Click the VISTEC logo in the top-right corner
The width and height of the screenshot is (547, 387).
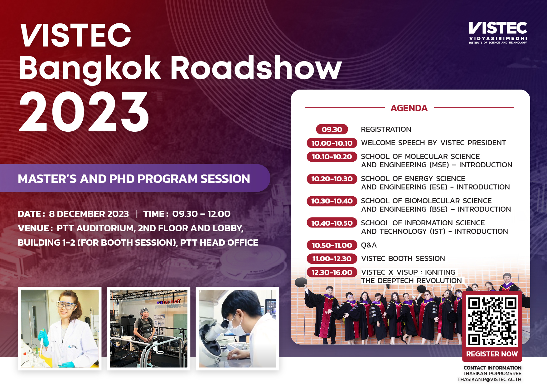[x=498, y=32]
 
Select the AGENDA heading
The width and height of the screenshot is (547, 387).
[x=409, y=108]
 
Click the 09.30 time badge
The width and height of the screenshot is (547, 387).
[x=332, y=129]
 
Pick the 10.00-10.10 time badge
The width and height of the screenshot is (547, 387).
[x=332, y=143]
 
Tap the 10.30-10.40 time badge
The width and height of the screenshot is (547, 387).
[x=332, y=201]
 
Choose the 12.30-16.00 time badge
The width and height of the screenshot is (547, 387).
[x=332, y=272]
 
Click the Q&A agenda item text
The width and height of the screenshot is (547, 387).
[x=369, y=245]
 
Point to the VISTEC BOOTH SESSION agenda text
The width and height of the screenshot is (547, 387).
[x=403, y=259]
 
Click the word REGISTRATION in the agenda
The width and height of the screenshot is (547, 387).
[x=386, y=129]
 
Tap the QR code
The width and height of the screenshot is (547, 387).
[x=492, y=321]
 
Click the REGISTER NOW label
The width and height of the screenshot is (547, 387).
[x=492, y=354]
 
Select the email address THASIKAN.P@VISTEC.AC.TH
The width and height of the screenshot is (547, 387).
[x=489, y=380]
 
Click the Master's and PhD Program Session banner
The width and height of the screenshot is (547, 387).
[x=134, y=179]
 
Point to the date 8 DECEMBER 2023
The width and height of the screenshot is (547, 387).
[x=89, y=214]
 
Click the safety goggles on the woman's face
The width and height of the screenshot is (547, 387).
[x=66, y=304]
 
